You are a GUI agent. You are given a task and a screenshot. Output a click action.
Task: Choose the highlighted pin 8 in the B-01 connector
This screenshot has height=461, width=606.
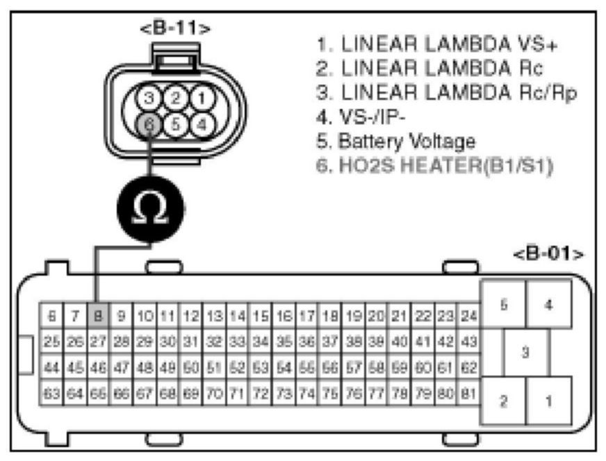point(98,317)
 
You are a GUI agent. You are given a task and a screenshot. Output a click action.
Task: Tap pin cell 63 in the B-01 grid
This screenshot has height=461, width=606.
point(51,394)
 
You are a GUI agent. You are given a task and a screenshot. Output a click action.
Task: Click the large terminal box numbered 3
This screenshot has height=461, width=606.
point(525,353)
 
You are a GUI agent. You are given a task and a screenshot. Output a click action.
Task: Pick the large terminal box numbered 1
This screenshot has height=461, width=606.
point(549,401)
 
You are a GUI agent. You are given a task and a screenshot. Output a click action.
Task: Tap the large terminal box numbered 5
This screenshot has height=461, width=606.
point(502,305)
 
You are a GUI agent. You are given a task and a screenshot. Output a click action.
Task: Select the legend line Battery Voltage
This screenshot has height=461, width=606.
point(396,142)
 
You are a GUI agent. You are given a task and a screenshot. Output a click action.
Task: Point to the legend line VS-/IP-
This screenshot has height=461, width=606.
point(360,117)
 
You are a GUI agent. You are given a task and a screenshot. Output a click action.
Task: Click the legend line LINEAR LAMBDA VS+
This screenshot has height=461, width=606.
point(437,43)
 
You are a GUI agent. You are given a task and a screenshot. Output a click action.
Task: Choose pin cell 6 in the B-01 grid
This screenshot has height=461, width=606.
point(51,317)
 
